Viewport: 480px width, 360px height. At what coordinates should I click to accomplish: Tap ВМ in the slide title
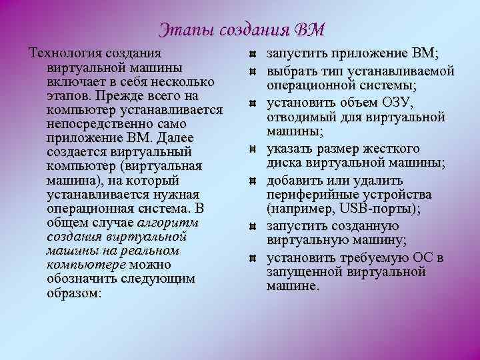pyautogui.click(x=309, y=29)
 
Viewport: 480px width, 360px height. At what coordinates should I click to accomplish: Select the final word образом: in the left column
pyautogui.click(x=74, y=293)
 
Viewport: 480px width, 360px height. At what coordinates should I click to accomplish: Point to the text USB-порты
pyautogui.click(x=384, y=208)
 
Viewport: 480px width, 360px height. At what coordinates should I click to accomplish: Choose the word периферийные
pyautogui.click(x=311, y=195)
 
